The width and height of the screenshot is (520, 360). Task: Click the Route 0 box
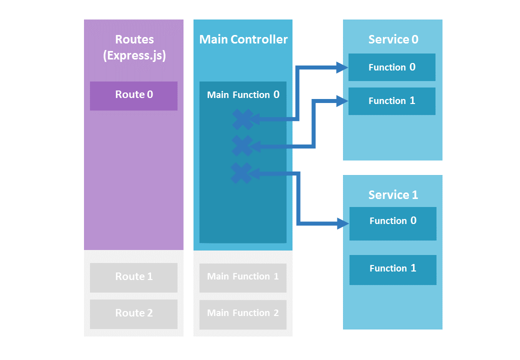(x=133, y=95)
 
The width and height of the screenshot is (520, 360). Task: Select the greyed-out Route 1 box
(x=133, y=277)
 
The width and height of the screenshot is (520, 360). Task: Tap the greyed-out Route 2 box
(x=133, y=313)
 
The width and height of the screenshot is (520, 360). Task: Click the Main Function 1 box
(x=243, y=277)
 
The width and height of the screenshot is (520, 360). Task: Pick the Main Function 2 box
(x=243, y=313)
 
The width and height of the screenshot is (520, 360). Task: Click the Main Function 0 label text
(x=243, y=94)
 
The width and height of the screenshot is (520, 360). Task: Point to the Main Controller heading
(x=243, y=39)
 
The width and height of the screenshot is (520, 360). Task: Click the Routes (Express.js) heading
(x=134, y=47)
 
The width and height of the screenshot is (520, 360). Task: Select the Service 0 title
(x=393, y=39)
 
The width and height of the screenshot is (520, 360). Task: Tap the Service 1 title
(x=393, y=195)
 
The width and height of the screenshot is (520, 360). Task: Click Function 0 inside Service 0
(x=391, y=67)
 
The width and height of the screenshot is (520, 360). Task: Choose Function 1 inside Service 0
(x=391, y=101)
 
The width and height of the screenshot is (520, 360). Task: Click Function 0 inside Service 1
(x=392, y=221)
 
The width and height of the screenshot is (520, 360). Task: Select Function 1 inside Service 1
(x=392, y=268)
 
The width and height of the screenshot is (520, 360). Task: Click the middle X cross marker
(x=242, y=146)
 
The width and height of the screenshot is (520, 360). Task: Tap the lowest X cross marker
(x=241, y=173)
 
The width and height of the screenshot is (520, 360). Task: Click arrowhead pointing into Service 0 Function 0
(x=342, y=67)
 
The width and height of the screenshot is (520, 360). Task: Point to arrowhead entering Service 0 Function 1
(x=342, y=101)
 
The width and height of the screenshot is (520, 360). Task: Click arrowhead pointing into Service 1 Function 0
(x=343, y=223)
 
